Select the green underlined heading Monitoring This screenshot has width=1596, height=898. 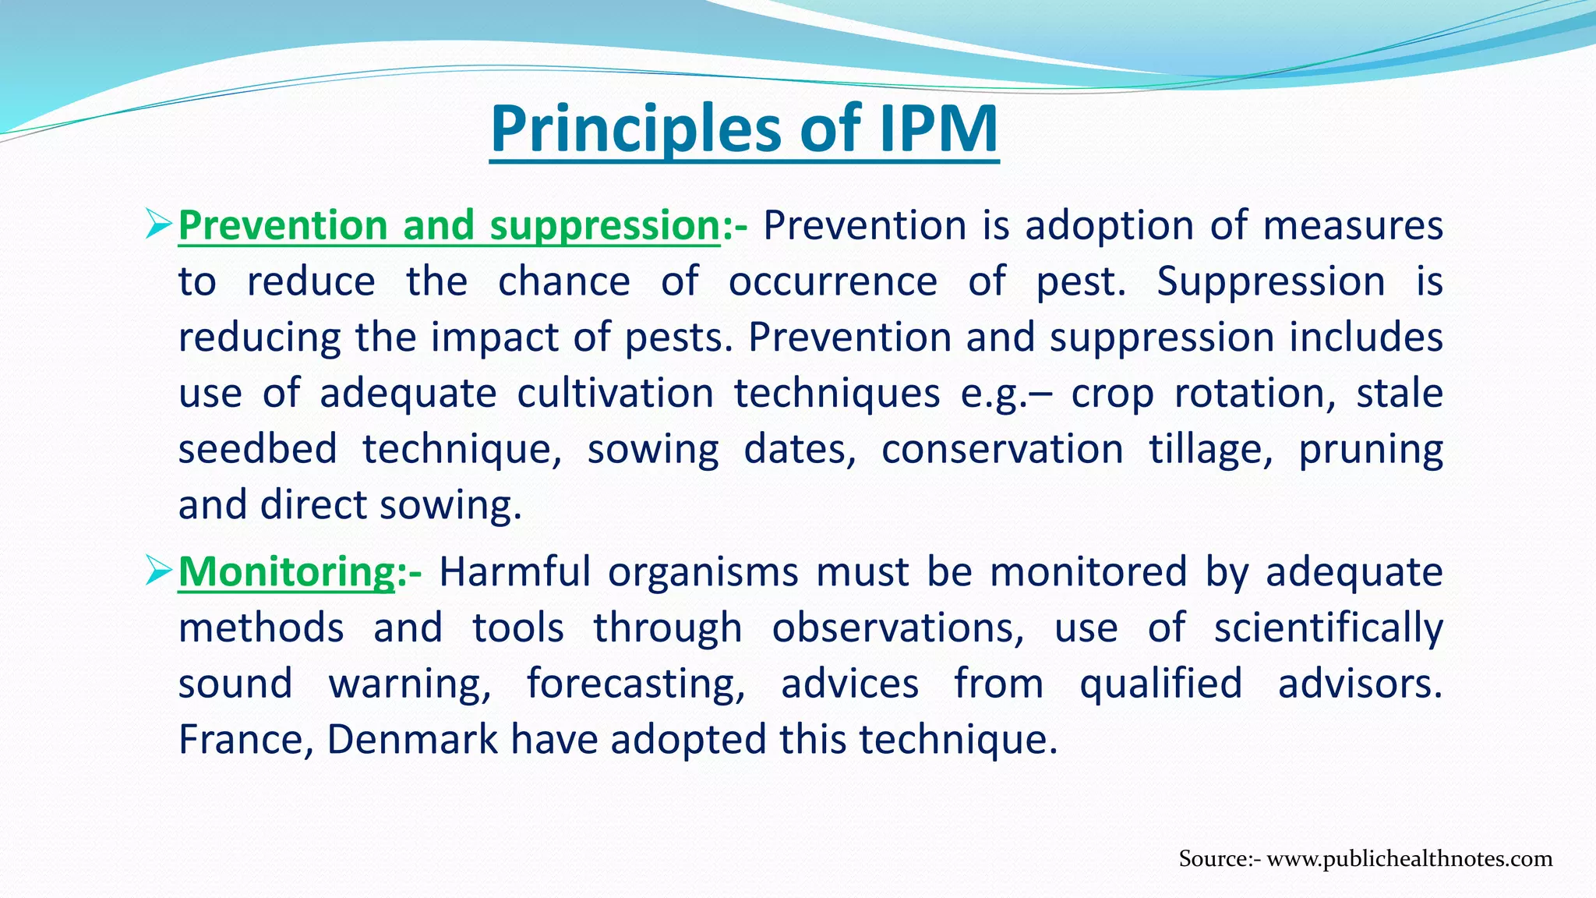(287, 572)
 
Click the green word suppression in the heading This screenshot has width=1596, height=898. (604, 226)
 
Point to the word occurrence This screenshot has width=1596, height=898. (832, 281)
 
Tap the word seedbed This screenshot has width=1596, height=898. (257, 450)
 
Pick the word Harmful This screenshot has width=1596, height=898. (514, 571)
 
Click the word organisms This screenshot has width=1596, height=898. (703, 573)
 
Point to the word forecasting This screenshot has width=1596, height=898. (636, 684)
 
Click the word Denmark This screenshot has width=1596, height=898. (412, 740)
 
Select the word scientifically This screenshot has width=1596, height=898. (1328, 628)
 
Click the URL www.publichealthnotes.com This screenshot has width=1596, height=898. (1410, 859)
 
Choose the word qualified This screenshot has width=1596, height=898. (1160, 684)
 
